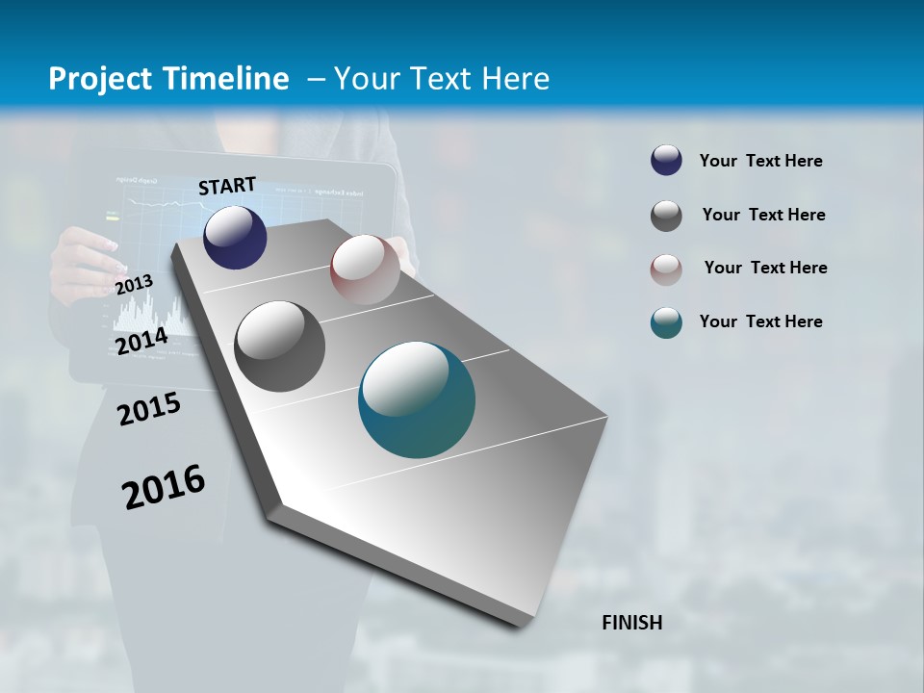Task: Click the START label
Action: pyautogui.click(x=227, y=186)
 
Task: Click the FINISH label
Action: pyautogui.click(x=632, y=623)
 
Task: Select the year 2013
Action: pyautogui.click(x=134, y=285)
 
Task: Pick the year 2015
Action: pyautogui.click(x=149, y=410)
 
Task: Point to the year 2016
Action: pyautogui.click(x=164, y=486)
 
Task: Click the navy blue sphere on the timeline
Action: pyautogui.click(x=235, y=237)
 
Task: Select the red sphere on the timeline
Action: pyautogui.click(x=365, y=269)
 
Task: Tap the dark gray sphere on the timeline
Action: pyautogui.click(x=279, y=346)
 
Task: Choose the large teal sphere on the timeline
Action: pyautogui.click(x=417, y=399)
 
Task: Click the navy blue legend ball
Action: pyautogui.click(x=666, y=161)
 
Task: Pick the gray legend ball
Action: pyautogui.click(x=666, y=216)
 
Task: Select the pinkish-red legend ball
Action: pyautogui.click(x=666, y=269)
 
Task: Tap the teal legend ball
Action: pyautogui.click(x=666, y=323)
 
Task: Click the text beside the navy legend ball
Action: pyautogui.click(x=760, y=161)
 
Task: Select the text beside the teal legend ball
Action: pyautogui.click(x=760, y=321)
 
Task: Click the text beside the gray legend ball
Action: pyautogui.click(x=763, y=215)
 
